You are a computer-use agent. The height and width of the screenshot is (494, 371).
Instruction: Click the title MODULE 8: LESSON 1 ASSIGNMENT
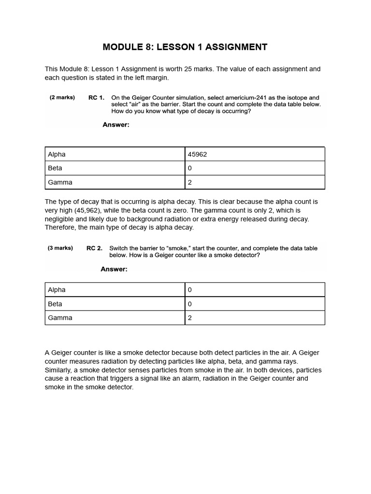[x=185, y=47]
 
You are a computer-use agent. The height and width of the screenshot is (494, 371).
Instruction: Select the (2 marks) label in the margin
[x=62, y=97]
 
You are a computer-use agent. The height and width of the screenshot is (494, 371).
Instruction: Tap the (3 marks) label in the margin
[x=60, y=248]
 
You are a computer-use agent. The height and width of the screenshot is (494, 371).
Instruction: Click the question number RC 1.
[x=96, y=97]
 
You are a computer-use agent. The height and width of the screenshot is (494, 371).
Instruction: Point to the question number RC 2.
[x=94, y=248]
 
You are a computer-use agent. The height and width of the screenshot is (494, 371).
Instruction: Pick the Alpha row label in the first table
[x=57, y=154]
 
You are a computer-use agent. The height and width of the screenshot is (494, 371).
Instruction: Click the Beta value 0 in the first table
[x=190, y=168]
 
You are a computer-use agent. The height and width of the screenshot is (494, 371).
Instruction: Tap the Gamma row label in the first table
[x=60, y=182]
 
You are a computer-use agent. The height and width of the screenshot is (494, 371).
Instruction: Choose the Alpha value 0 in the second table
[x=190, y=290]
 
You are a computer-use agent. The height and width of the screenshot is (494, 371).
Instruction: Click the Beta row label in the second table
[x=55, y=304]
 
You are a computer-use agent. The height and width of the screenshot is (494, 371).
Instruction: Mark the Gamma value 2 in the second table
[x=190, y=318]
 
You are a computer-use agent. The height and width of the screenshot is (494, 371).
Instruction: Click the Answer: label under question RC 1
[x=116, y=125]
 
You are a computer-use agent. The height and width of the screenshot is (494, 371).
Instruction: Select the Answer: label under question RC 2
[x=114, y=269]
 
